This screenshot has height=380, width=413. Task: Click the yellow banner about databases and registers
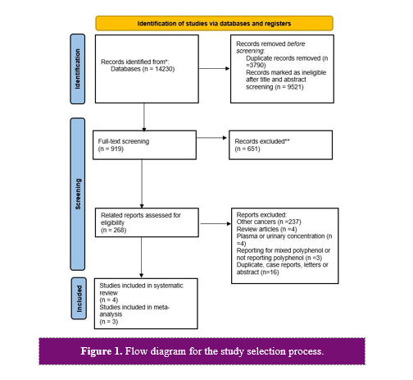(x=214, y=23)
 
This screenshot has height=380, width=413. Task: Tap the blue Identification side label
(x=78, y=69)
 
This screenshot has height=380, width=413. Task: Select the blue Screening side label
(x=78, y=195)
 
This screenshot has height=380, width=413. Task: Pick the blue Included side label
(x=79, y=299)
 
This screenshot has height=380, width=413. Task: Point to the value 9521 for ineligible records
(x=294, y=87)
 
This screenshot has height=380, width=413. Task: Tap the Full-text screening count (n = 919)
(x=111, y=149)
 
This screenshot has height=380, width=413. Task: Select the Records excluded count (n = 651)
(x=247, y=149)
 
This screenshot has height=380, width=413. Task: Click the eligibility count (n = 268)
(x=114, y=230)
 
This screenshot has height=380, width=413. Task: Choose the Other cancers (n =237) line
(x=269, y=222)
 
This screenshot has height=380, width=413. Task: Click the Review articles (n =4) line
(x=266, y=229)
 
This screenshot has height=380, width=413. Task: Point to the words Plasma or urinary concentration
(x=280, y=236)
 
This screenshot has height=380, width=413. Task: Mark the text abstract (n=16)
(x=257, y=272)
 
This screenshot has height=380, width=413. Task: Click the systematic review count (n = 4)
(x=109, y=300)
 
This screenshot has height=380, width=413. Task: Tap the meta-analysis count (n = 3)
(x=109, y=322)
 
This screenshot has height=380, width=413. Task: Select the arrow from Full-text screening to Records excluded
(x=211, y=138)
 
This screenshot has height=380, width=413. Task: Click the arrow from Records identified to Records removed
(x=214, y=68)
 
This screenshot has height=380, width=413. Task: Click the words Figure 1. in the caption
(x=102, y=351)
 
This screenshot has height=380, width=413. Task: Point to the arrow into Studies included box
(x=142, y=258)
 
